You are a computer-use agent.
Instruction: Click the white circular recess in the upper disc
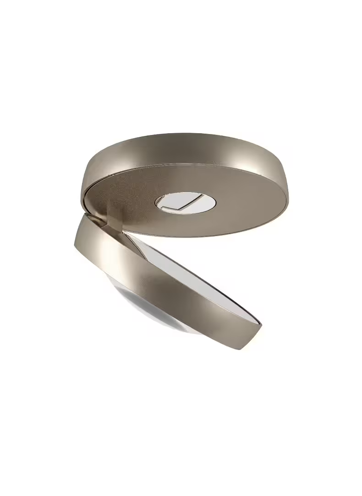[x=186, y=203]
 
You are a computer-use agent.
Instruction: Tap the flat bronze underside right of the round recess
[x=247, y=206]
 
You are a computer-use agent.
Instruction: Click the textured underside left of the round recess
[x=133, y=197]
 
